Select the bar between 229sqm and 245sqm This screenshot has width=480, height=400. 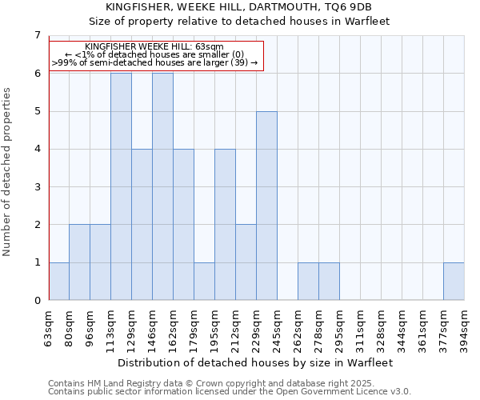click(x=266, y=206)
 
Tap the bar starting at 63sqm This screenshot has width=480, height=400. click(x=59, y=282)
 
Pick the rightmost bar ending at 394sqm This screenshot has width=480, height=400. click(x=454, y=282)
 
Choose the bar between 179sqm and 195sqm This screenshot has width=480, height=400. click(x=204, y=282)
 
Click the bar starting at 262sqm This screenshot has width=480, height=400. click(x=308, y=282)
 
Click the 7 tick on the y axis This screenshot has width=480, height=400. click(x=37, y=35)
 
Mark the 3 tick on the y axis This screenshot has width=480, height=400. click(x=37, y=187)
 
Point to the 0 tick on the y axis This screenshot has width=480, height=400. click(x=37, y=301)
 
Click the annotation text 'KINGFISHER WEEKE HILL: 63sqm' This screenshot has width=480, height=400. click(x=154, y=47)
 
